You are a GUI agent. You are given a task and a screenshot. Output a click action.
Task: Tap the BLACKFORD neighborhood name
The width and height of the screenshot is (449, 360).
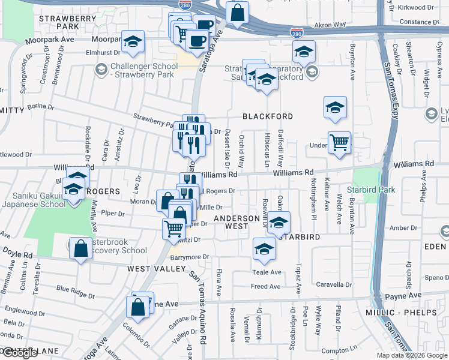[x=267, y=116]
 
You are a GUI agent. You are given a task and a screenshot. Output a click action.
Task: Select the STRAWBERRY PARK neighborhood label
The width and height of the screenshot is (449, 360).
[x=67, y=23]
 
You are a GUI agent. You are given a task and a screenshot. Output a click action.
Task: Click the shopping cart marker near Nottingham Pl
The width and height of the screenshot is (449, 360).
[x=339, y=143]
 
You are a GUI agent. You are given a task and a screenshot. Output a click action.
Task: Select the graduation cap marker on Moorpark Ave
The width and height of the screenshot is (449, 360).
[x=133, y=41]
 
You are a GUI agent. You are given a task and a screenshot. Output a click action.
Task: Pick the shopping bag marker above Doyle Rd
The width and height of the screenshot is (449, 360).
[x=80, y=248]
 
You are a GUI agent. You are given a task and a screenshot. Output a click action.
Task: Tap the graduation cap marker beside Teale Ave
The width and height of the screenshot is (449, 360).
[x=264, y=248]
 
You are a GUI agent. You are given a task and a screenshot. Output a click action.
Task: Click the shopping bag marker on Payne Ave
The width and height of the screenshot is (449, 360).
[x=138, y=307]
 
